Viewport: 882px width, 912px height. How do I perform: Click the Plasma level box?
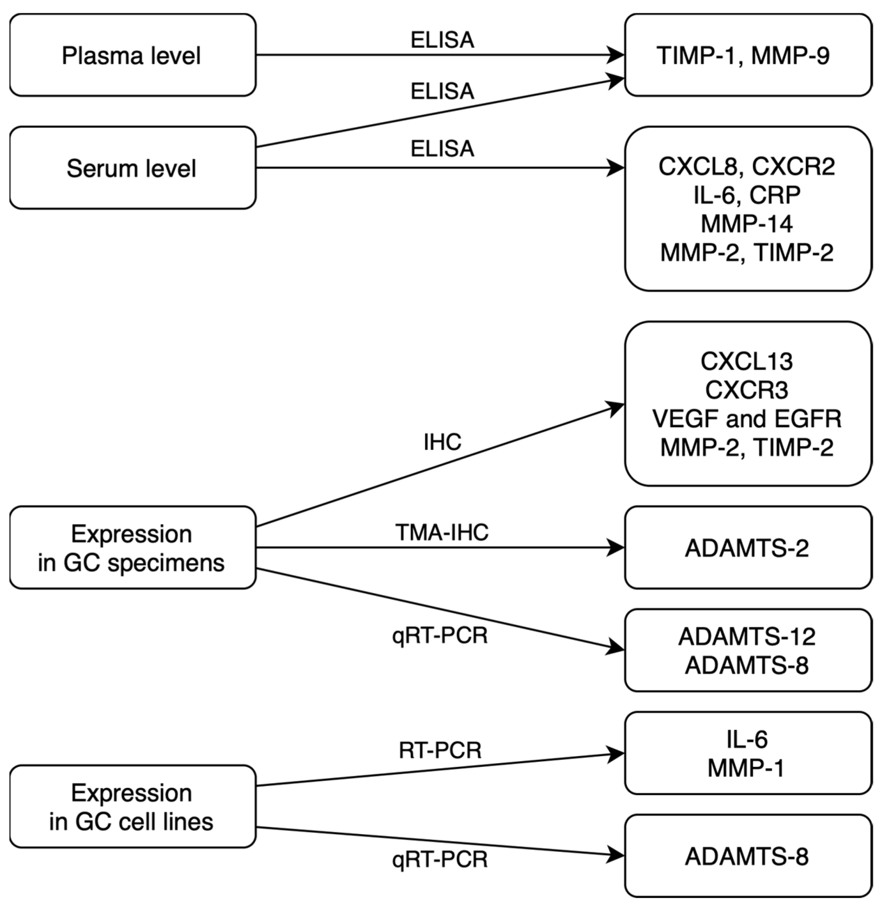(132, 55)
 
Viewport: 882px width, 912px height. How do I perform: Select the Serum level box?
(132, 168)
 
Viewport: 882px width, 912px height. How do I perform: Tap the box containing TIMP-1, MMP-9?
(747, 55)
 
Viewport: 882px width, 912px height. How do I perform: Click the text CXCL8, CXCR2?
(747, 166)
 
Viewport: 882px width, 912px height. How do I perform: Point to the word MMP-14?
(747, 224)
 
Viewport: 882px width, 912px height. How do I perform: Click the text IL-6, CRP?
(747, 195)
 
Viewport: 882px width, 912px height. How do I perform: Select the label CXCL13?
(747, 362)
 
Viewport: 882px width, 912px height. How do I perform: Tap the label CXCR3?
(747, 390)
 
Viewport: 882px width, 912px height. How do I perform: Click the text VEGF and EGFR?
(747, 419)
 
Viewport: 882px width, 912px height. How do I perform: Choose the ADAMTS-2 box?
(747, 548)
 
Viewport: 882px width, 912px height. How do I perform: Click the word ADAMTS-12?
(747, 637)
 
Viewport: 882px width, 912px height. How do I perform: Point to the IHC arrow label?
(442, 442)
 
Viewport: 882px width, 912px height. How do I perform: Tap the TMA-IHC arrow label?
(442, 532)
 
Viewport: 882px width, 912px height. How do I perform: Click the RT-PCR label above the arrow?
(440, 750)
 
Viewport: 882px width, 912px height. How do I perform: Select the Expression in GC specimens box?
(132, 548)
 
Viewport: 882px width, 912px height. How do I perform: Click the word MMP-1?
(747, 768)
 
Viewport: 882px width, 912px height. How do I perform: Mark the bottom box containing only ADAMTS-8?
(747, 857)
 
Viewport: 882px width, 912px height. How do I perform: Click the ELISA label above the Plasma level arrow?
(442, 40)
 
